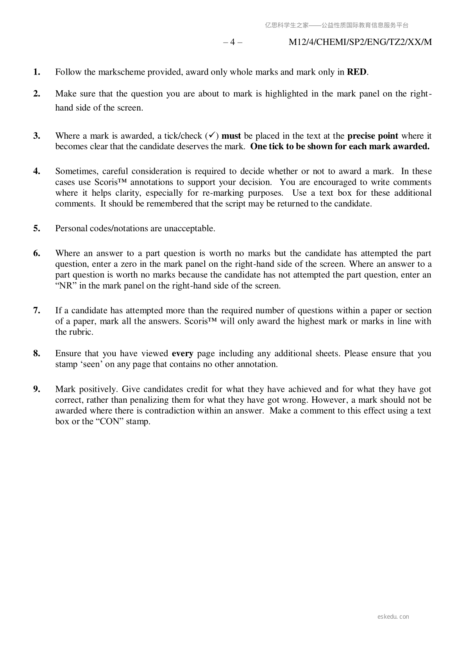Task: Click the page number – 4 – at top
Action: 232,42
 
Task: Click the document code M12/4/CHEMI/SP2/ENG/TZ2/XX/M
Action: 360,42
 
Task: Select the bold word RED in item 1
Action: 357,72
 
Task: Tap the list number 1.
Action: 37,72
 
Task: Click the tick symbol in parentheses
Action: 211,136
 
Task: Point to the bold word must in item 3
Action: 231,136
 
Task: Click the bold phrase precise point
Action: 373,136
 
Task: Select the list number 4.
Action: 37,171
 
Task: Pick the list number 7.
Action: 37,311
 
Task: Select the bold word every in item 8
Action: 182,353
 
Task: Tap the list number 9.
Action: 37,389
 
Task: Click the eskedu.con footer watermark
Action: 393,617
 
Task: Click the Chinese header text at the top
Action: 336,25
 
